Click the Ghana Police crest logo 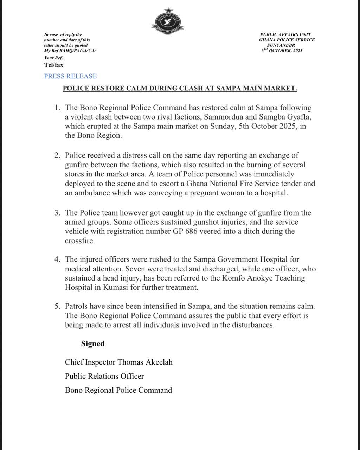point(168,22)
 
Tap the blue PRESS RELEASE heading point(70,76)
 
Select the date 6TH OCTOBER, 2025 point(282,51)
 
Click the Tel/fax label point(53,65)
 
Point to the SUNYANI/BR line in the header point(282,45)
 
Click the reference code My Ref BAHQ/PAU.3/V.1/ point(70,51)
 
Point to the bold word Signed point(93,343)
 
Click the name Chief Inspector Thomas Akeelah point(118,362)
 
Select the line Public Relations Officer point(104,376)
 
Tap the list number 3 point(57,213)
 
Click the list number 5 point(57,306)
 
